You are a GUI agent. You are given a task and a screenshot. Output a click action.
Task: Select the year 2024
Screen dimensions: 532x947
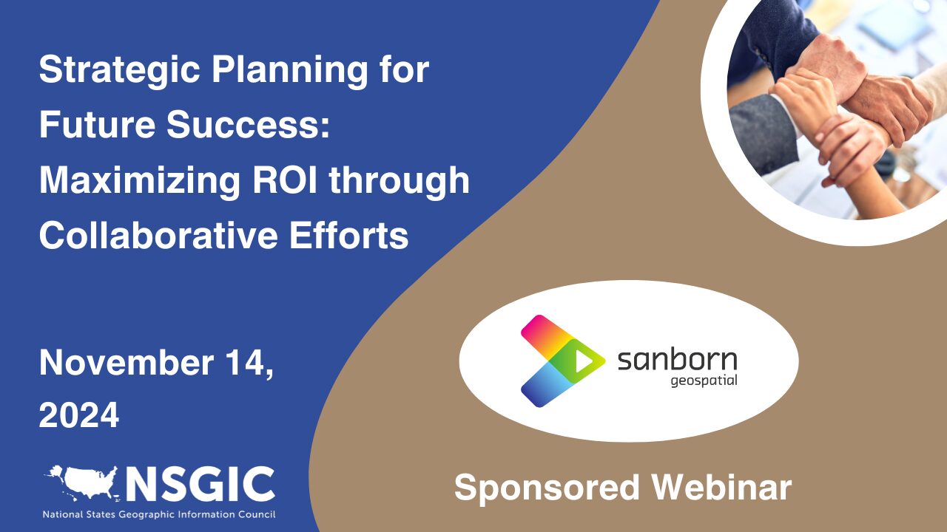point(78,416)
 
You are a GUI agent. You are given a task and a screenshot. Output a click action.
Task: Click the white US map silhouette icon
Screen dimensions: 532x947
point(81,482)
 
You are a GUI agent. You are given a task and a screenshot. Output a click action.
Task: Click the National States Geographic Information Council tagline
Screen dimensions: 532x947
point(158,514)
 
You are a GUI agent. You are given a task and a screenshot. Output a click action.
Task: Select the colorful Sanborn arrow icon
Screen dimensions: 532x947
point(562,361)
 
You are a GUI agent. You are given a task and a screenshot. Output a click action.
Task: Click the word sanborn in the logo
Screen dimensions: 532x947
point(677,361)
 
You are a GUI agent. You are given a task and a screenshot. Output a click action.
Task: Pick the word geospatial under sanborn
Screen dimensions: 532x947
point(704,382)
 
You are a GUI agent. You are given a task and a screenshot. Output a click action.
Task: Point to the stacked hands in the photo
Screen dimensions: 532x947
point(836,111)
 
